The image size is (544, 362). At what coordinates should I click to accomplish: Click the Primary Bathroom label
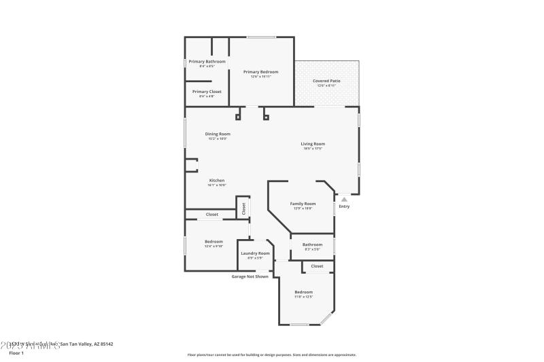207,61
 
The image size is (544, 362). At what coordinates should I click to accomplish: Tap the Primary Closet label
207,92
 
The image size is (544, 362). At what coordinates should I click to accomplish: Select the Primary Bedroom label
261,71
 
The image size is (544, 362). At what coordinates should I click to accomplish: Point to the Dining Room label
218,134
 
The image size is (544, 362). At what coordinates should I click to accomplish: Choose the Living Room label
313,143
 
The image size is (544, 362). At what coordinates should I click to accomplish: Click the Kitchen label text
216,180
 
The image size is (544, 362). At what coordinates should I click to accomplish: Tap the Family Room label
303,204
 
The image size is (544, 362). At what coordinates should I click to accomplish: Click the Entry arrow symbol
344,199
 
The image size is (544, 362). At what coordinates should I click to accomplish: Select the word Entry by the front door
344,206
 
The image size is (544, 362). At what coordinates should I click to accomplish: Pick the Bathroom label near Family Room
312,245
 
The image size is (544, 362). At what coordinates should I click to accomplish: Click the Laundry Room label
255,253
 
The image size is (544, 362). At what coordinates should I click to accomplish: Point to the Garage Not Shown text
250,276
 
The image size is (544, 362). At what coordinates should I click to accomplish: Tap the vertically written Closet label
243,209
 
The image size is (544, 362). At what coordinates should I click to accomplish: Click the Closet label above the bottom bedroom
317,266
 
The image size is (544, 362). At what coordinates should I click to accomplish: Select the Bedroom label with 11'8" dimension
303,292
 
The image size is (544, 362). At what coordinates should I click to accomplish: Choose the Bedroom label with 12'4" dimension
214,241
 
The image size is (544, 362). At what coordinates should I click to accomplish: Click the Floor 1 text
16,353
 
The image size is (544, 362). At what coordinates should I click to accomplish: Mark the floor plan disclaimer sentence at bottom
271,355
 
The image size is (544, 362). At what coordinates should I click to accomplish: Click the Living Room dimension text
313,148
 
